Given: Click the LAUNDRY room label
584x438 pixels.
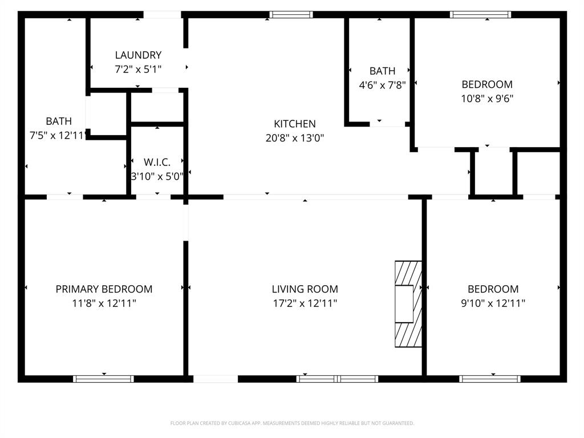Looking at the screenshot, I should (138, 55).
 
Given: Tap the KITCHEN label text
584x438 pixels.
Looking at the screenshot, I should (294, 124).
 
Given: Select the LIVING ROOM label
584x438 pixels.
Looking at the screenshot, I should (305, 289).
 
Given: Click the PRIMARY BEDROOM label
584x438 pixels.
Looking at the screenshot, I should (104, 289).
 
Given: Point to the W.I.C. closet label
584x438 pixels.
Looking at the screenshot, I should (157, 163).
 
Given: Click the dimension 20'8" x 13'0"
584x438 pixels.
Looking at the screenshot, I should (294, 138).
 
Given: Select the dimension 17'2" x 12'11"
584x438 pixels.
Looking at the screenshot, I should (305, 303).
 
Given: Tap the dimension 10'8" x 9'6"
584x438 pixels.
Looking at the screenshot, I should (487, 98).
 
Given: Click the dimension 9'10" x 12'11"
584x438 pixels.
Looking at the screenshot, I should (493, 303).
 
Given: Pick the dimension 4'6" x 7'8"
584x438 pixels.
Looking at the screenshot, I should (382, 86).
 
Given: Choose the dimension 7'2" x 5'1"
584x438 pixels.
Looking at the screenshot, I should (138, 70).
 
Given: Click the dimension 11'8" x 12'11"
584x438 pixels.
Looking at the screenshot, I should (104, 303).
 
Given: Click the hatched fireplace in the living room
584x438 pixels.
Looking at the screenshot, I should (408, 304).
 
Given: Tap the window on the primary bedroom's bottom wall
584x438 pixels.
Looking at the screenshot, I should (104, 379).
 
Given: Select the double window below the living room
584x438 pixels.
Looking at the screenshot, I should (337, 379).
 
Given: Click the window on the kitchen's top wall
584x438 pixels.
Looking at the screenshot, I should (291, 15).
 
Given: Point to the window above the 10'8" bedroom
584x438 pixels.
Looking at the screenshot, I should (480, 15).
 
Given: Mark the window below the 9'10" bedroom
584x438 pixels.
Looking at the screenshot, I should (490, 379).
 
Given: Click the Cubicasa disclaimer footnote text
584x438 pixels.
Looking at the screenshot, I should (292, 423).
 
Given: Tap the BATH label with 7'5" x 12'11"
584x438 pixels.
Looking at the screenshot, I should (59, 121).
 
